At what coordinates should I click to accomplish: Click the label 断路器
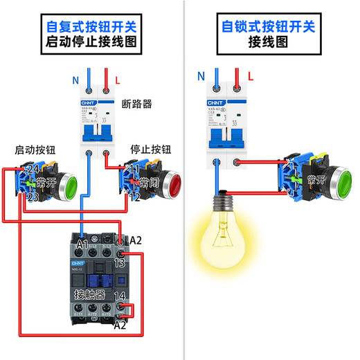pyautogui.click(x=136, y=105)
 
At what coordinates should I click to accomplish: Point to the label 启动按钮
pyautogui.click(x=35, y=150)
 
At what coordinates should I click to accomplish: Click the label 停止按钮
pyautogui.click(x=150, y=150)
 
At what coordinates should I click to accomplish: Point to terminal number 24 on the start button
pyautogui.click(x=32, y=170)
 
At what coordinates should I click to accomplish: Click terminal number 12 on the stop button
pyautogui.click(x=134, y=197)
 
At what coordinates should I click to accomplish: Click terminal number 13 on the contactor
pyautogui.click(x=119, y=264)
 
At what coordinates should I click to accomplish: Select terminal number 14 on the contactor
pyautogui.click(x=119, y=296)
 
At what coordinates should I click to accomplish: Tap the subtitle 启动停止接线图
pyautogui.click(x=91, y=42)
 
